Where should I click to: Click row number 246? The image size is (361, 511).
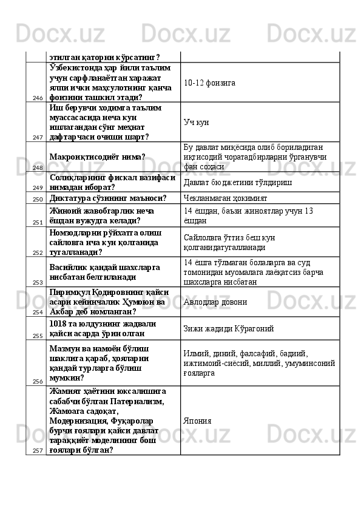tap(38, 97)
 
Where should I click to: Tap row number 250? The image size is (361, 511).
tap(38, 199)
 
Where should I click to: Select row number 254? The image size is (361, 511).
tap(38, 313)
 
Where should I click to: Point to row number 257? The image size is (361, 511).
tap(38, 450)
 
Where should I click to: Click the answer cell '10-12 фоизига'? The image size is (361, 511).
tap(209, 82)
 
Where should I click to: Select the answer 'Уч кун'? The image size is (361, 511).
tap(197, 122)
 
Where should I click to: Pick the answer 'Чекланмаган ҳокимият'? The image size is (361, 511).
tap(225, 198)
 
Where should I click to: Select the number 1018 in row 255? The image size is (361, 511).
tap(59, 323)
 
